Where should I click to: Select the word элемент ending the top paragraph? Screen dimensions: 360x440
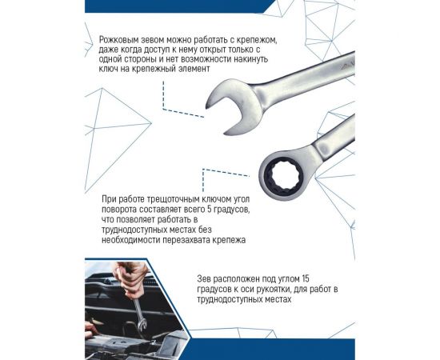[221, 71]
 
